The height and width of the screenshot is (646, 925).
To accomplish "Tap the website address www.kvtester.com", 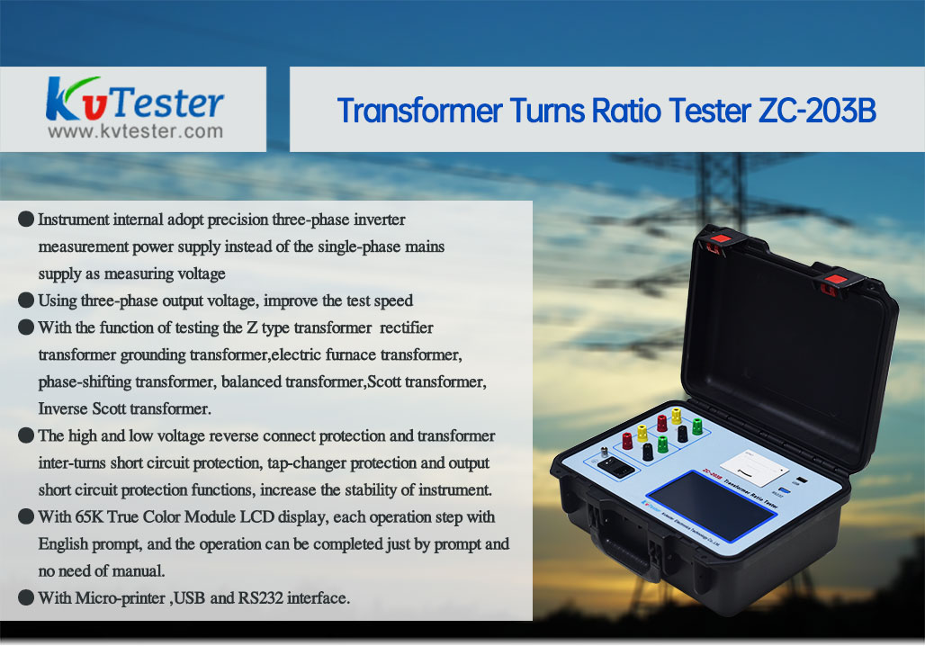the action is click(x=136, y=131).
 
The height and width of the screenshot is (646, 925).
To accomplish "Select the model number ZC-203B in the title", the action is click(x=817, y=111).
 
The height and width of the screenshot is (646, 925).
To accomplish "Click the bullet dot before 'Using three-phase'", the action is click(x=26, y=300).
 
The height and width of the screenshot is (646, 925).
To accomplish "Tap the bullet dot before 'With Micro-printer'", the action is click(x=26, y=597).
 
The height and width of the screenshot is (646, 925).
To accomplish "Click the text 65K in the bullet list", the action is click(x=88, y=516).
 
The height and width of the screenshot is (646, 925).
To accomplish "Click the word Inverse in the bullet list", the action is click(x=63, y=408).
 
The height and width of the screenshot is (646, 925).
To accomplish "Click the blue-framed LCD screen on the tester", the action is click(x=710, y=505).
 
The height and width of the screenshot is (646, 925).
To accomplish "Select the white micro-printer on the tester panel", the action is click(x=755, y=468).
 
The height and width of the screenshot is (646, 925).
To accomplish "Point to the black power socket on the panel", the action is click(x=615, y=468).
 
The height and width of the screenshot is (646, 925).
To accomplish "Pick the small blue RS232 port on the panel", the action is click(x=784, y=490).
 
